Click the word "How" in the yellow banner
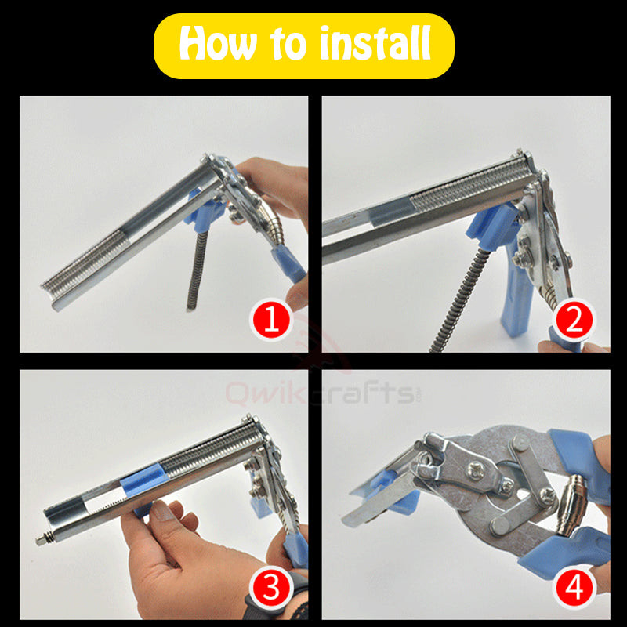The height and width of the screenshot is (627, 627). coord(219,44)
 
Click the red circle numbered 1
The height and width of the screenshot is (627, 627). coord(271,320)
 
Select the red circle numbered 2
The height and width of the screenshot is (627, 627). coord(575,320)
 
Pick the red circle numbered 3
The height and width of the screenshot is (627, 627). coord(271,589)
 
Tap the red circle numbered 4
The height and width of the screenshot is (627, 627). coord(575,589)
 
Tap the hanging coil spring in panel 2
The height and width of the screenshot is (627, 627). coord(461,301)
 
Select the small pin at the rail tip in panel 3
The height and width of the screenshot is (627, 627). coord(42,540)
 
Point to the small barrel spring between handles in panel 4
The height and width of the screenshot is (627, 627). coord(572,505)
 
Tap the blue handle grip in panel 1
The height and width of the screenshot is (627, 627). coord(288,264)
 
